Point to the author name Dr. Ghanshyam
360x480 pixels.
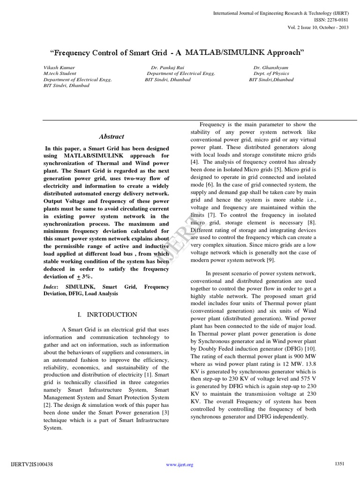coord(271,67)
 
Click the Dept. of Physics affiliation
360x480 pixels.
coord(271,74)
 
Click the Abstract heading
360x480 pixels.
coord(112,137)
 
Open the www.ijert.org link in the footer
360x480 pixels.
coord(180,465)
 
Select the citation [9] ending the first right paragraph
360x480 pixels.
coord(270,260)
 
